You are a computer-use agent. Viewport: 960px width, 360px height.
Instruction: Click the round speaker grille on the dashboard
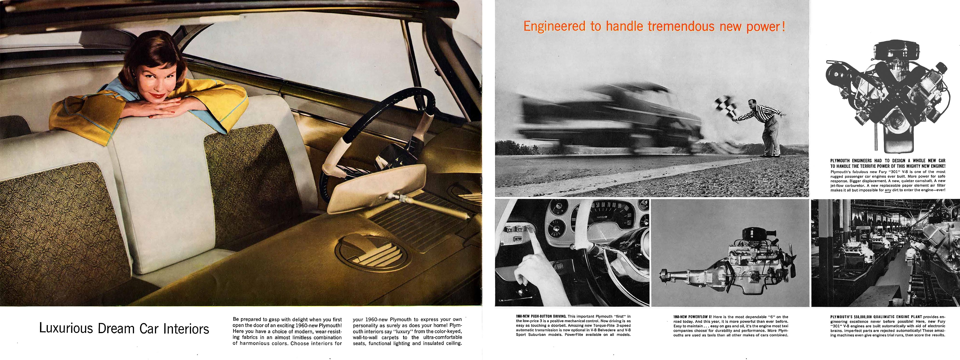[x=370, y=253]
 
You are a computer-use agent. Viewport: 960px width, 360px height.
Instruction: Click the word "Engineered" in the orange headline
[x=554, y=26]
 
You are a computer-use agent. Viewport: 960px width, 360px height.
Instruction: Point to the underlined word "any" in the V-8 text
[x=888, y=190]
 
